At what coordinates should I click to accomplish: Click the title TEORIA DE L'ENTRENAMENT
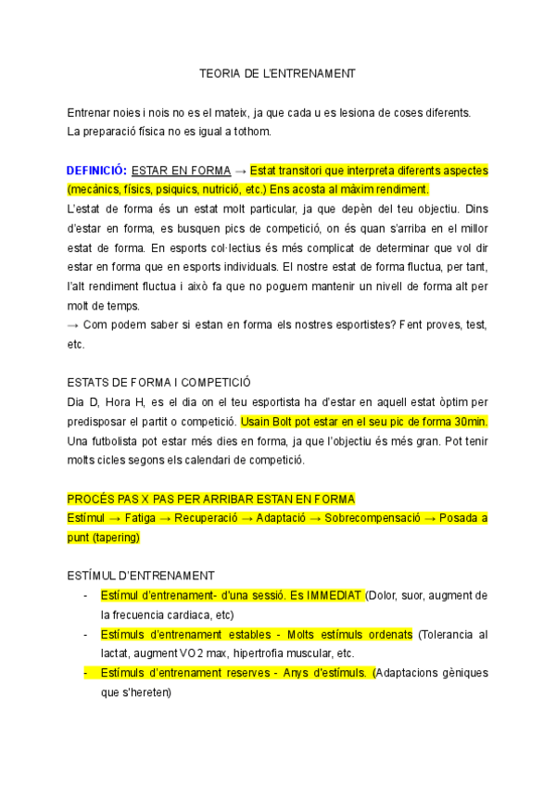click(x=277, y=72)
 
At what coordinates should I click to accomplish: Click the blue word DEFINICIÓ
click(x=95, y=171)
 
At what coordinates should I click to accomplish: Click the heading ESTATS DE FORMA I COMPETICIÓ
click(x=159, y=382)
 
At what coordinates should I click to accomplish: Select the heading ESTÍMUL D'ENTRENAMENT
click(x=141, y=575)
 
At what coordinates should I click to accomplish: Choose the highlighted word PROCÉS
click(x=91, y=499)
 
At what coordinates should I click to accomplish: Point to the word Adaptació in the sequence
click(x=283, y=518)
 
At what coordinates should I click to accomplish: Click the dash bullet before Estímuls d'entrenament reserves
click(x=85, y=673)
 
